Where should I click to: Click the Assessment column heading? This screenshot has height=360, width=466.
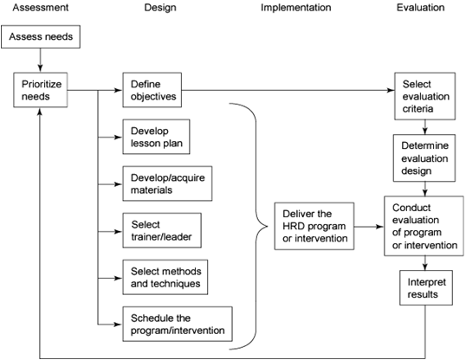[x=41, y=8]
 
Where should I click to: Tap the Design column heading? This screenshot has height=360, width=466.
[x=160, y=8]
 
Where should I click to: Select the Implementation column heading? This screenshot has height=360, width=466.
[x=295, y=8]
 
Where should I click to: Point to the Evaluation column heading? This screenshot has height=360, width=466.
[x=421, y=8]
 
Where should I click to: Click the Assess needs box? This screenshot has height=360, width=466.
[x=41, y=36]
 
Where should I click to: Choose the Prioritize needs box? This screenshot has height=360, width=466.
[x=41, y=90]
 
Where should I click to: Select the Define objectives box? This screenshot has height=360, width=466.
[x=152, y=90]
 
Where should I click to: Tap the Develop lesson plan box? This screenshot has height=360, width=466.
[x=156, y=137]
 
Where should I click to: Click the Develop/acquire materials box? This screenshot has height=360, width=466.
[x=167, y=183]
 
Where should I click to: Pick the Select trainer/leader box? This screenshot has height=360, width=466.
[x=162, y=230]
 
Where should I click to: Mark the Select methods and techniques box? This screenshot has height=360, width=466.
[x=165, y=277]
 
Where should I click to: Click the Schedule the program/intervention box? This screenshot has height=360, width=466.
[x=178, y=324]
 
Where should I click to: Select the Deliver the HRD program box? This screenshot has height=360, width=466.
[x=314, y=226]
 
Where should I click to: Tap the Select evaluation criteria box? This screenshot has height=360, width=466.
[x=424, y=96]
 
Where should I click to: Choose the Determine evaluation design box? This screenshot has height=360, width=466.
[x=424, y=158]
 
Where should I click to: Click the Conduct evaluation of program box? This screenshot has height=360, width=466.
[x=424, y=226]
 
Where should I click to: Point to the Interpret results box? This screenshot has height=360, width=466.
[x=426, y=288]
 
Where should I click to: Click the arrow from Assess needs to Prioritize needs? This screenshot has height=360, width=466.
[x=41, y=61]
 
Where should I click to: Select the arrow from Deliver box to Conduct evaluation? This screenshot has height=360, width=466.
[x=369, y=227]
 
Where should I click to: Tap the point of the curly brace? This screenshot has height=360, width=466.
[x=267, y=227]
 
